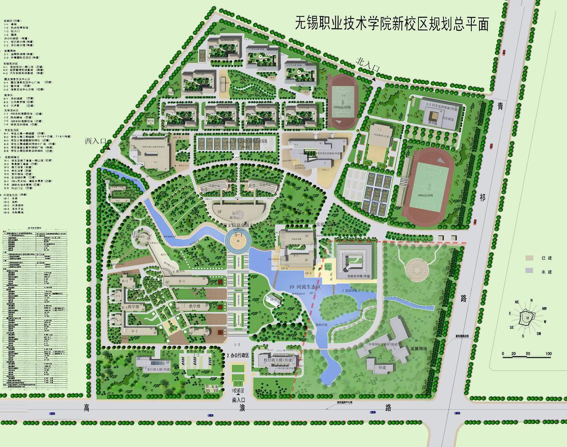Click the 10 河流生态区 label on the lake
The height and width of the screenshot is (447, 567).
[x=305, y=287]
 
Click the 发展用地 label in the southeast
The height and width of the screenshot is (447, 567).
[x=418, y=348]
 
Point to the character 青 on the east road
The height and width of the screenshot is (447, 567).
[x=500, y=107]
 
